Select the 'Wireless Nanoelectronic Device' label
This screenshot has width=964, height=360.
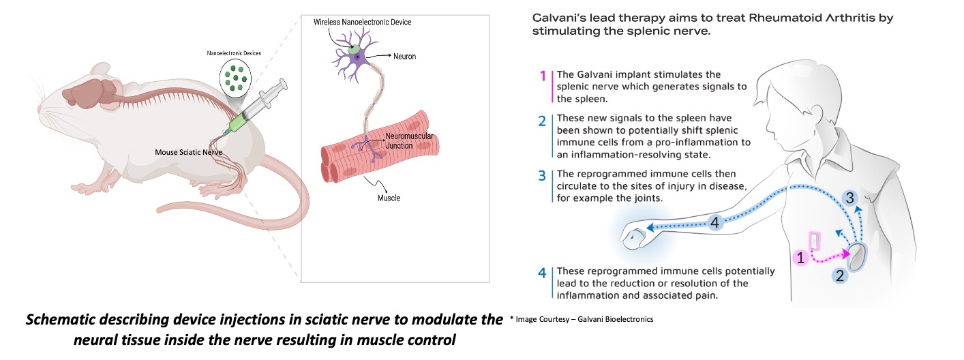click(x=362, y=22)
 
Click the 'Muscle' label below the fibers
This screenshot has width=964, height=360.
click(x=389, y=198)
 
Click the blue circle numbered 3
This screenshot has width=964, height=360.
click(x=849, y=198)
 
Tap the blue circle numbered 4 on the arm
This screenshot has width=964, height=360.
click(x=714, y=222)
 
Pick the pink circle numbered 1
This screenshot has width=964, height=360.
click(x=802, y=258)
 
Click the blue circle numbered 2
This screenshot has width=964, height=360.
click(x=840, y=275)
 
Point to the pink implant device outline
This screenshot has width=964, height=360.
click(x=814, y=241)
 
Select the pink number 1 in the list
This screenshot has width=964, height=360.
click(x=543, y=76)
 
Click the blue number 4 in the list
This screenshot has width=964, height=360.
click(x=542, y=273)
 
